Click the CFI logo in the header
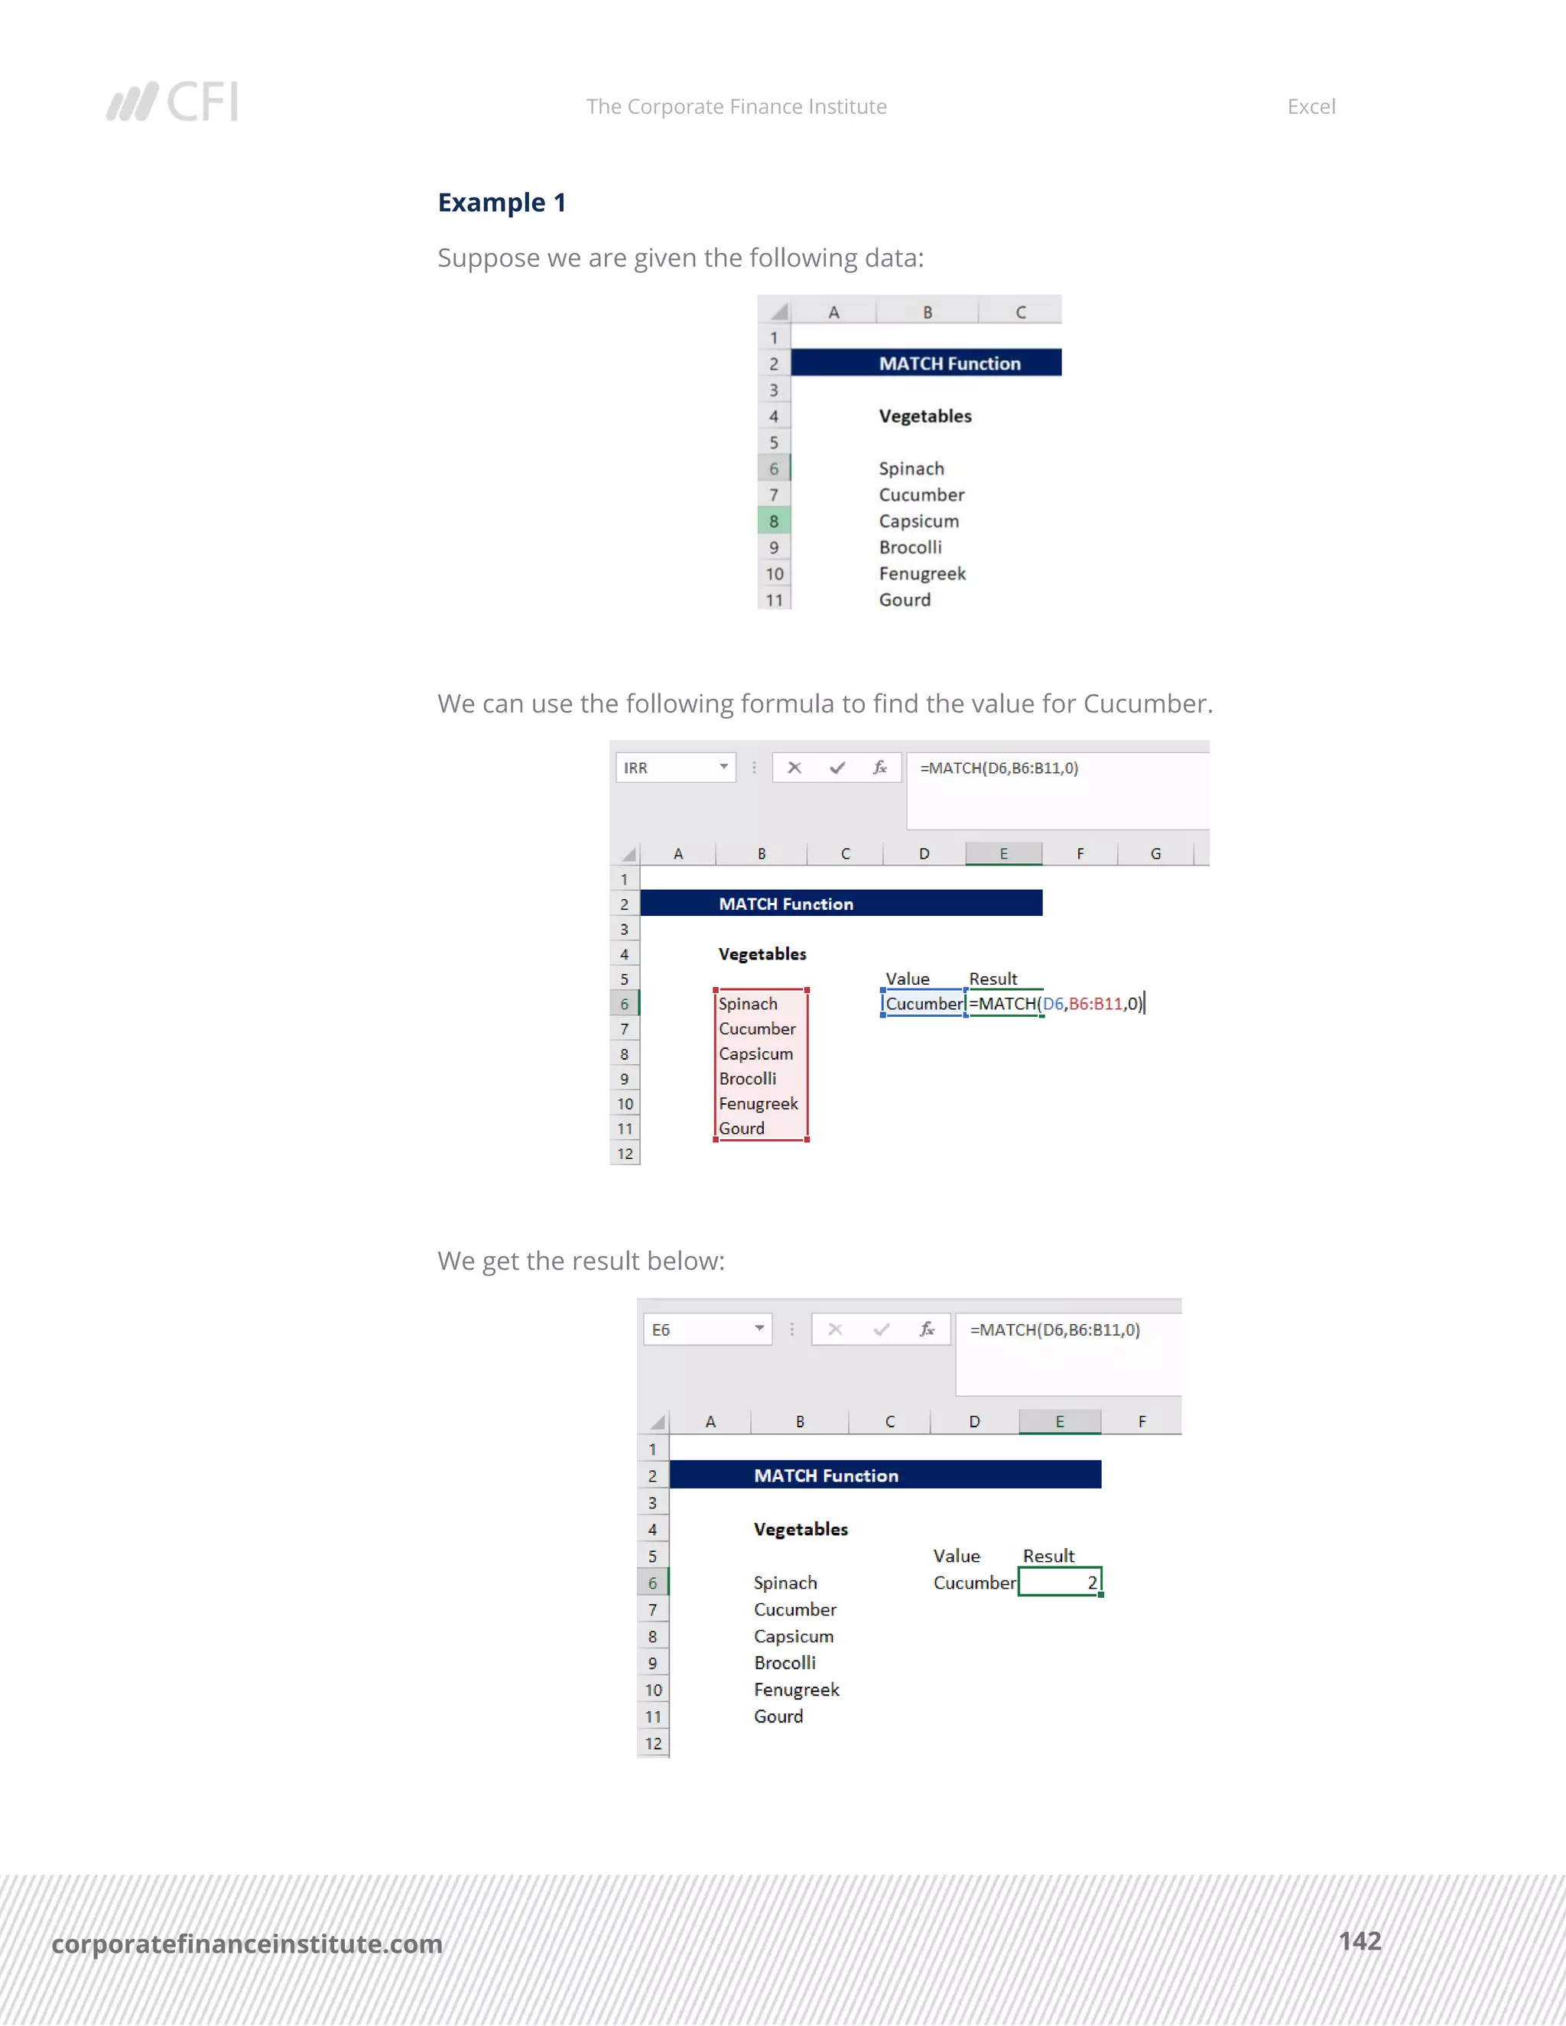[x=173, y=102]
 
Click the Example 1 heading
[x=502, y=203]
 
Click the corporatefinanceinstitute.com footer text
[x=247, y=1943]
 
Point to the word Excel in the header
[x=1311, y=107]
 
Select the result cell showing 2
[x=1060, y=1583]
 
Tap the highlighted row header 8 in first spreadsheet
[x=774, y=521]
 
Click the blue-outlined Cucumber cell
[x=924, y=1004]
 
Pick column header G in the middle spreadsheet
[x=1156, y=853]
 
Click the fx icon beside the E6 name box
[x=927, y=1330]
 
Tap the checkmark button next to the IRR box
[x=837, y=768]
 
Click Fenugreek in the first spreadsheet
[x=922, y=574]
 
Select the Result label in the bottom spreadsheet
[x=1048, y=1556]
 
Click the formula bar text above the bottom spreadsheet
[x=1054, y=1330]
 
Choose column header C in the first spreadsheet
[x=1021, y=313]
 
